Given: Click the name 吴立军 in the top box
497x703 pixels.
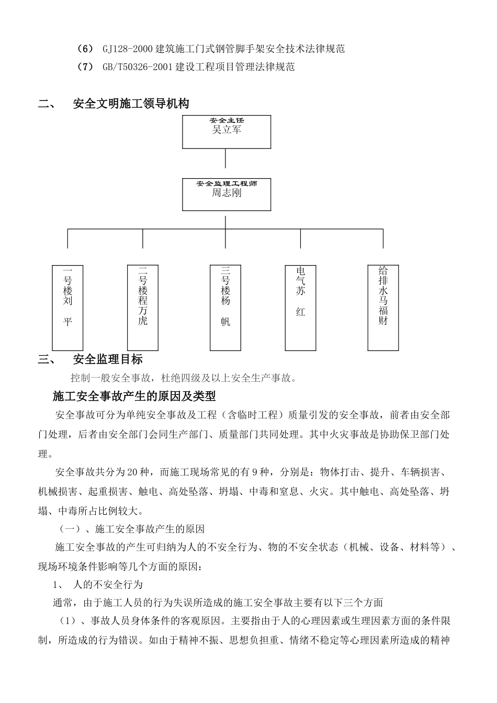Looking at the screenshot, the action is (227, 130).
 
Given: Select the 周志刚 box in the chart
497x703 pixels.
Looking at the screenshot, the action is (227, 195).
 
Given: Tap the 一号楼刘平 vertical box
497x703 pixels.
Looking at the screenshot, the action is (68, 308).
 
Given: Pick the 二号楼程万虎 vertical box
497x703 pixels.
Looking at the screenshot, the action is (143, 308).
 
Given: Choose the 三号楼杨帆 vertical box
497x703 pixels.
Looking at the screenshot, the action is (225, 308).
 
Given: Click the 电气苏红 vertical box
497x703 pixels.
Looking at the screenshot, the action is (300, 308).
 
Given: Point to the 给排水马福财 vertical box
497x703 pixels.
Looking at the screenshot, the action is (383, 308).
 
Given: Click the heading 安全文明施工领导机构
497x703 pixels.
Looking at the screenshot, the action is (131, 104).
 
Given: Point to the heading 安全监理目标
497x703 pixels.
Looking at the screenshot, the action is (108, 359).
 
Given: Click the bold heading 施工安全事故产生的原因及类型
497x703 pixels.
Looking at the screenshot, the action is (134, 396).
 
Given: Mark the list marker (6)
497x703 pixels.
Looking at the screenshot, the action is (84, 49).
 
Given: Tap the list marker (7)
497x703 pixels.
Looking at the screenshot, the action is (84, 67).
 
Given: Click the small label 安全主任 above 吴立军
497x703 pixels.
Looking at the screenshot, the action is (227, 120).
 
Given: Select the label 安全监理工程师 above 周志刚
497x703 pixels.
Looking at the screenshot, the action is (227, 184).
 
